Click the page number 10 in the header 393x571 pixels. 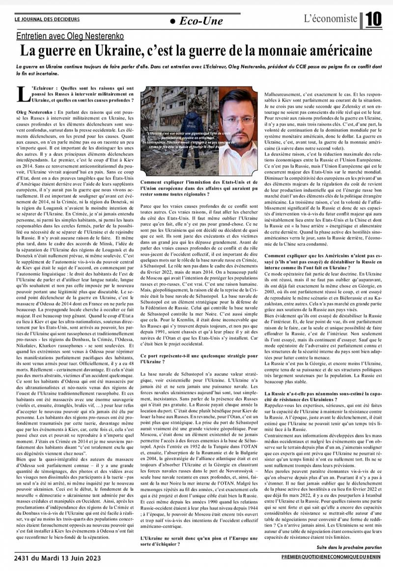click(x=373, y=19)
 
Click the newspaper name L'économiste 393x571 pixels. click(x=330, y=19)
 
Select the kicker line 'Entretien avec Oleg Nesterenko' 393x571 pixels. click(x=69, y=36)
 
